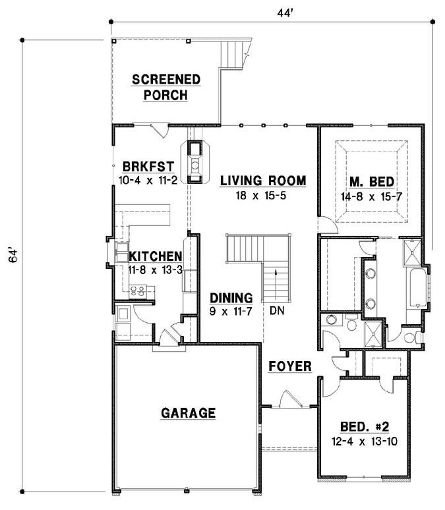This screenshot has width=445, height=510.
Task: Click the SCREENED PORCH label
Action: (x=166, y=88)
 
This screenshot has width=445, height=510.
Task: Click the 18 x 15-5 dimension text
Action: (x=263, y=196)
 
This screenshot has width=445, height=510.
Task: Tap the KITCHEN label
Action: (x=156, y=256)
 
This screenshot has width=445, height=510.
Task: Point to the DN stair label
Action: (x=277, y=307)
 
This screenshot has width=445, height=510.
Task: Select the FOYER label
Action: (x=289, y=366)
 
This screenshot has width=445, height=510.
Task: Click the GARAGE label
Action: (x=189, y=413)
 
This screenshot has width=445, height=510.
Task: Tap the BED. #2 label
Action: (x=365, y=426)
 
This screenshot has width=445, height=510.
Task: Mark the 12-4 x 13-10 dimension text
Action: (x=365, y=441)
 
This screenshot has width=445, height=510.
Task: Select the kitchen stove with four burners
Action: (x=138, y=289)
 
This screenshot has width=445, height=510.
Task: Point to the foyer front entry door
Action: (x=287, y=399)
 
